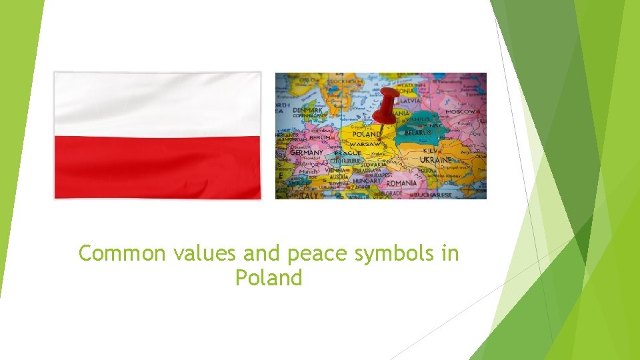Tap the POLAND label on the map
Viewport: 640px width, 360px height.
point(367,134)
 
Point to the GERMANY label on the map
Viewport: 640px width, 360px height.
point(306,153)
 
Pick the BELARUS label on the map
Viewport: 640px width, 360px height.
point(418,133)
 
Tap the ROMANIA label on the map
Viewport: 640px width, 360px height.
point(401,183)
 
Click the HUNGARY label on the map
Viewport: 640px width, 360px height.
point(367,181)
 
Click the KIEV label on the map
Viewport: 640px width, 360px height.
point(429,151)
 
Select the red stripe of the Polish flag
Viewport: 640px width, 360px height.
point(157,167)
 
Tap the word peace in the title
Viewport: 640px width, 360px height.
point(300,255)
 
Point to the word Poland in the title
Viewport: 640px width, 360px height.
point(269,277)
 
